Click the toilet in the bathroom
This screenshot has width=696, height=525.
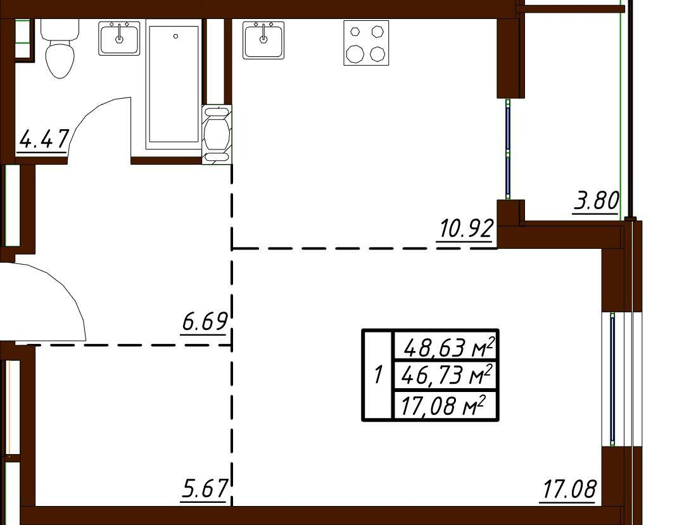click(60, 48)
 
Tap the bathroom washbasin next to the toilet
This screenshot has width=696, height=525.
click(119, 38)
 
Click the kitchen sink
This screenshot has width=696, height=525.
click(263, 40)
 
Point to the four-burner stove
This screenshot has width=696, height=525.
click(366, 43)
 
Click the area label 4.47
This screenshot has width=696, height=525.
click(44, 139)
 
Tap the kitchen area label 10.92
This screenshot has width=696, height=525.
click(467, 229)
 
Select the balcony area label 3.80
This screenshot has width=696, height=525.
click(596, 201)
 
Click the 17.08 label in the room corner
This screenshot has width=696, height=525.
click(569, 490)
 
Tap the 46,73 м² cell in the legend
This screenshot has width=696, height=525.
click(445, 376)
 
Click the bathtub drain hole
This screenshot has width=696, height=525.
click(176, 36)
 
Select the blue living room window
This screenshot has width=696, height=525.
click(612, 379)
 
